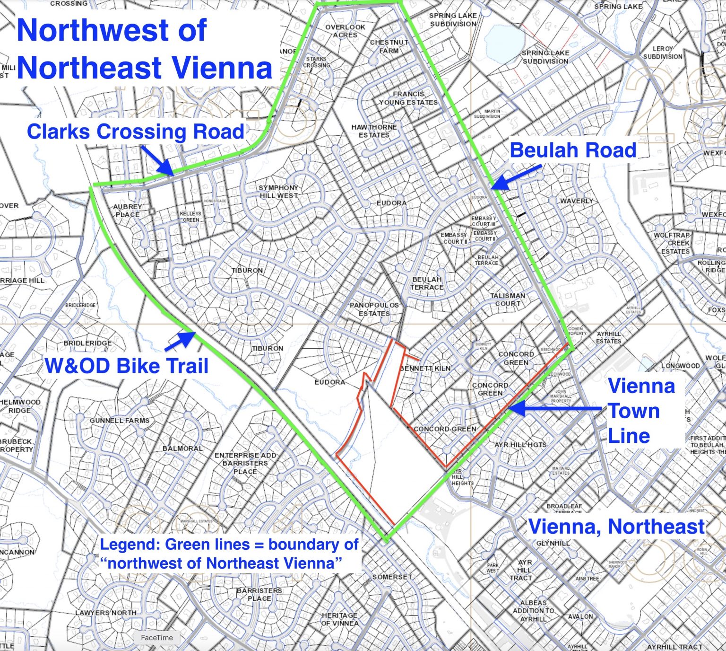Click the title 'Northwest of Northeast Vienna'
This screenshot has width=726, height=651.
click(x=144, y=49)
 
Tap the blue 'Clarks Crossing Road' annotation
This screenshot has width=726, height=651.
click(x=136, y=132)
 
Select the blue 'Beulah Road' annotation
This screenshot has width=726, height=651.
click(x=573, y=150)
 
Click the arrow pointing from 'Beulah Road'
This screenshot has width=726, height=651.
click(x=517, y=177)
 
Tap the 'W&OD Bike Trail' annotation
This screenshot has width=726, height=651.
click(x=127, y=366)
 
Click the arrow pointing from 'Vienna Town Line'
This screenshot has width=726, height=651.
click(x=553, y=409)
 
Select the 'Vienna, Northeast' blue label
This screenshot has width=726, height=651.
click(x=616, y=527)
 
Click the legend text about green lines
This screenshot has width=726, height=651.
click(x=229, y=554)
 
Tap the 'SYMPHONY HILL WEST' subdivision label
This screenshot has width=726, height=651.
click(x=278, y=191)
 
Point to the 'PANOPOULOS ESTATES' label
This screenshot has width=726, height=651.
click(x=374, y=309)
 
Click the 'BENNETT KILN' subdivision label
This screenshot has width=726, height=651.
click(x=425, y=368)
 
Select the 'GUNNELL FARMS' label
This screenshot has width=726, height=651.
click(x=119, y=420)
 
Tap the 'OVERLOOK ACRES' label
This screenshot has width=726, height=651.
click(x=345, y=31)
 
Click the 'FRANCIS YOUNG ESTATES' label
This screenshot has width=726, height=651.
click(x=408, y=98)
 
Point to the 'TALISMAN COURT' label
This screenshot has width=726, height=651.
click(x=508, y=299)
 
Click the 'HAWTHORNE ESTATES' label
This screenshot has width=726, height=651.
click(x=374, y=131)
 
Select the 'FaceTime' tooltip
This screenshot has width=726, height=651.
click(x=157, y=638)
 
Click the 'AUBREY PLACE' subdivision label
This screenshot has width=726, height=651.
click(x=127, y=210)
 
